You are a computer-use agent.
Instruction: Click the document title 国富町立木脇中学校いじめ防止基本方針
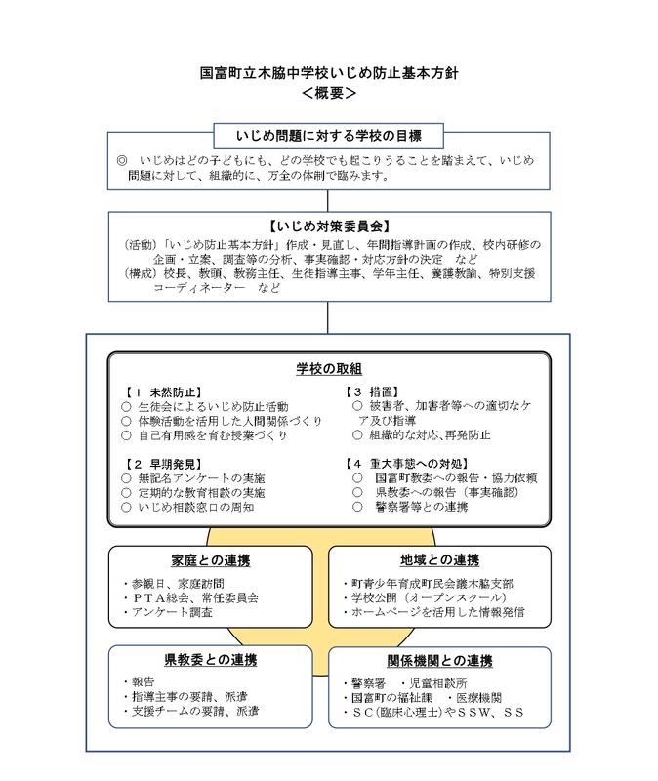[x=329, y=72]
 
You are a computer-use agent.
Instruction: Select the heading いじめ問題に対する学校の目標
[x=329, y=134]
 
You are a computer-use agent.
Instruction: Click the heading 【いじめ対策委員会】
[x=329, y=225]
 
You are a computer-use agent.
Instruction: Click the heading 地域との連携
[x=439, y=560]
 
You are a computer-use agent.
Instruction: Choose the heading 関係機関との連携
[x=439, y=661]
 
